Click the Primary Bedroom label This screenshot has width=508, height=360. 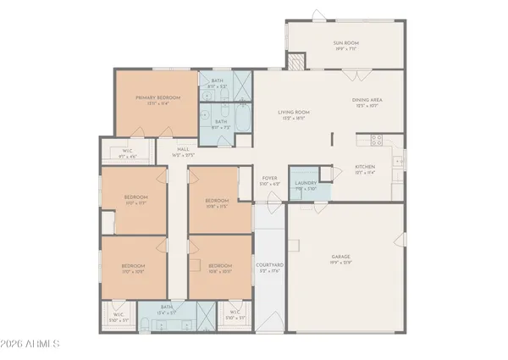[158, 98]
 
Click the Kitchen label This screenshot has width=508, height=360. [365, 167]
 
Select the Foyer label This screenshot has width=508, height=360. [270, 180]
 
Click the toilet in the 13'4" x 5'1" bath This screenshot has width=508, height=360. [146, 322]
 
